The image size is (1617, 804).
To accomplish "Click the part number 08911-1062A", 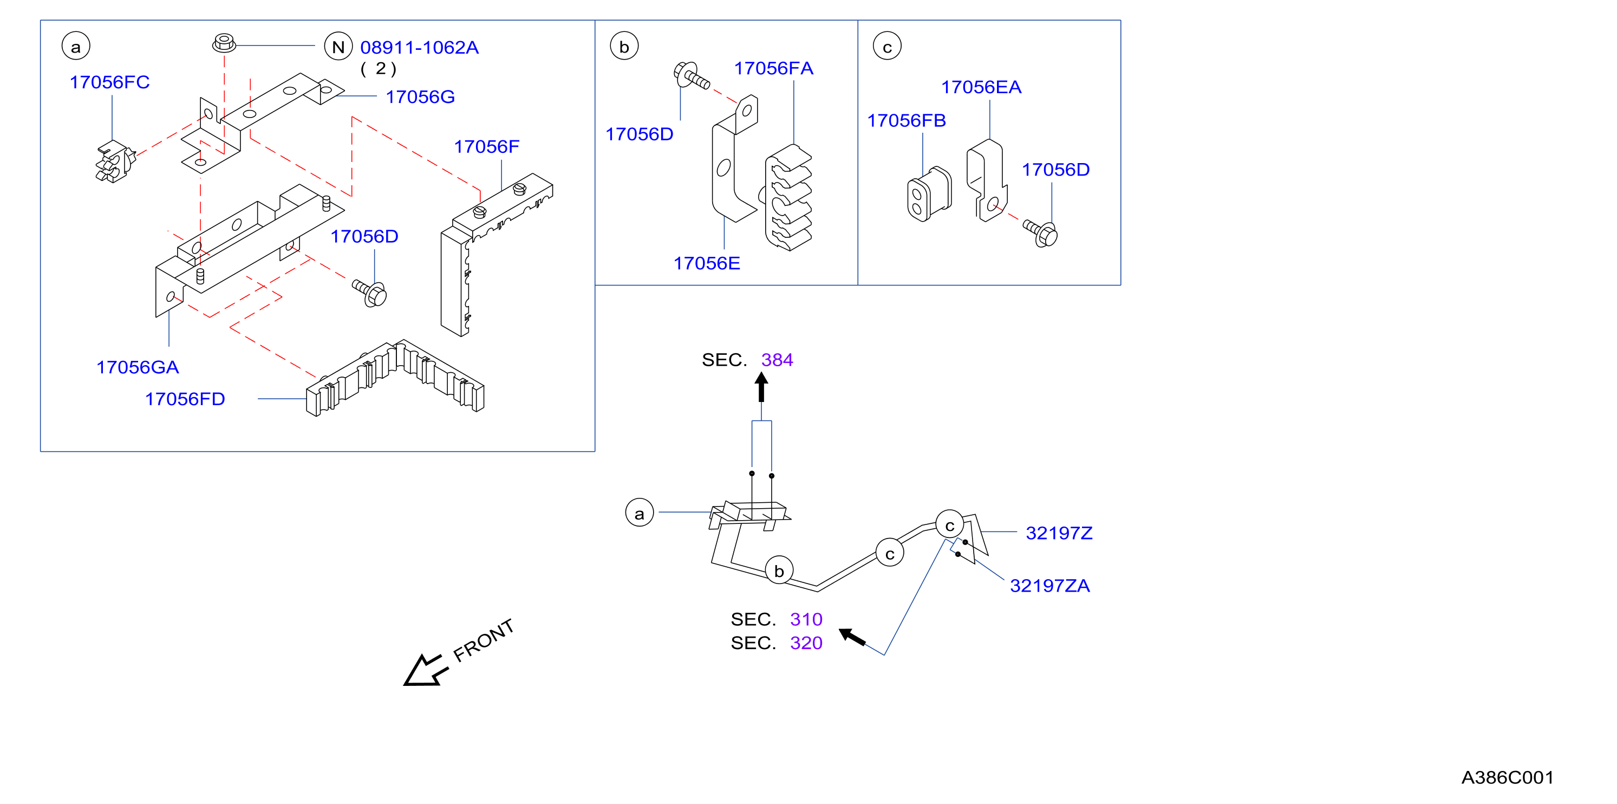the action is tap(419, 48).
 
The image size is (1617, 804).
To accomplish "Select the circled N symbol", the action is tap(338, 47).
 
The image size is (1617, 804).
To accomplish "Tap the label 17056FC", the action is tap(110, 82).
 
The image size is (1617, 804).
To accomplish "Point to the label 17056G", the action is tap(420, 97).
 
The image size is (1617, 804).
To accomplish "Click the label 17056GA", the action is tap(138, 367).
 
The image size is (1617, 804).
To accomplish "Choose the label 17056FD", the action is tap(185, 399).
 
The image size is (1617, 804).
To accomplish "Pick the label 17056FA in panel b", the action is tap(773, 68).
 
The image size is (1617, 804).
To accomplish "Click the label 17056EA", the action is tap(981, 87).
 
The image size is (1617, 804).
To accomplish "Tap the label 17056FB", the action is tap(907, 121).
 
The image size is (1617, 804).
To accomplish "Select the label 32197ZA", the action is tap(1049, 586).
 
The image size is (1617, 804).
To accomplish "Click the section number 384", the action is tap(777, 360).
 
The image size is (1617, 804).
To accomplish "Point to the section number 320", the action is tap(806, 643).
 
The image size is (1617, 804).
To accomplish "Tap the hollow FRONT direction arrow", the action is tap(426, 671).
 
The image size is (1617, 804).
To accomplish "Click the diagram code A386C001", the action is tap(1507, 777).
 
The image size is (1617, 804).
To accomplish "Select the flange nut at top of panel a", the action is tap(224, 43).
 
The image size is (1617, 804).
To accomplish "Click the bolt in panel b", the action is tap(691, 75).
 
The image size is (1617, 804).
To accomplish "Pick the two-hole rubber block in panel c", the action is tap(929, 193).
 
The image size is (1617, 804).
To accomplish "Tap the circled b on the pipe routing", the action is tap(779, 571).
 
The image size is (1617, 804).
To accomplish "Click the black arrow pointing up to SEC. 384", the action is tap(761, 387).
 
